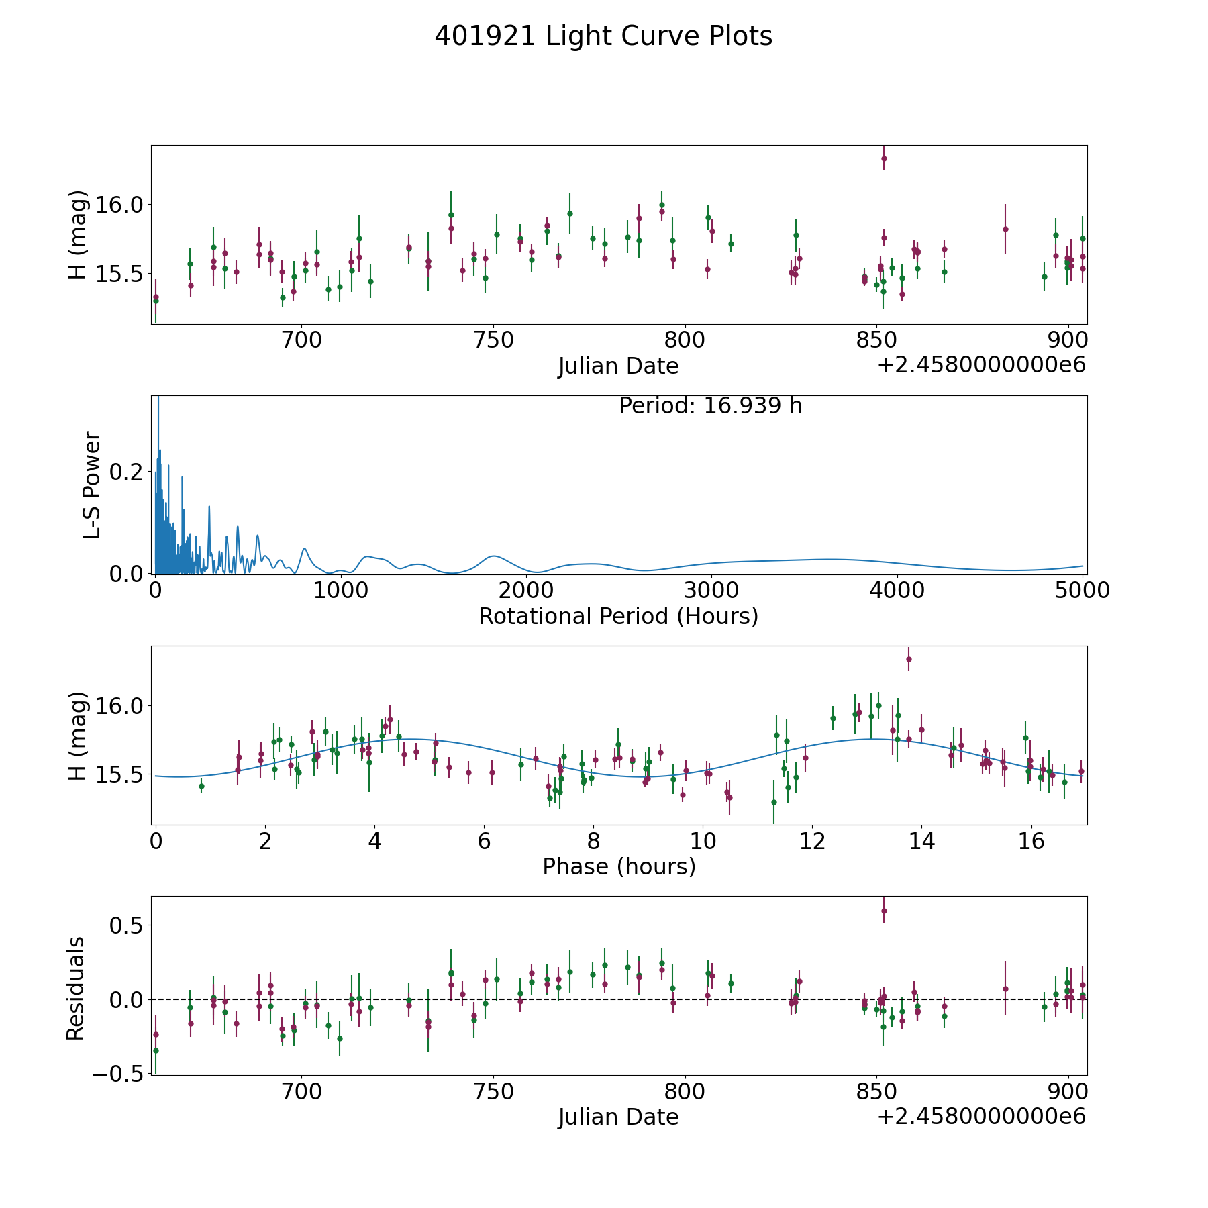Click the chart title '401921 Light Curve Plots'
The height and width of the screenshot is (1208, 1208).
tap(603, 36)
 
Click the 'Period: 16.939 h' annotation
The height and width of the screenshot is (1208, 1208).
tap(711, 406)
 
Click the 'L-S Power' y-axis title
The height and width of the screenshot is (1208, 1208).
tap(92, 485)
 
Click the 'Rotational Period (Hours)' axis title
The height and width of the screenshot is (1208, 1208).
tap(618, 616)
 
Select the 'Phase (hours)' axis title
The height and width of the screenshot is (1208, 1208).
tap(619, 866)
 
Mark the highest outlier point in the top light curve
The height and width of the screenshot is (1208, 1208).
tap(884, 158)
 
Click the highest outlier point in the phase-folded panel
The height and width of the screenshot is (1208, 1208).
tap(909, 659)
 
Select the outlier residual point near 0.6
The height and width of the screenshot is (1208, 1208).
tap(884, 911)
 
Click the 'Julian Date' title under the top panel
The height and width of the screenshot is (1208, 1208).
tap(618, 366)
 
